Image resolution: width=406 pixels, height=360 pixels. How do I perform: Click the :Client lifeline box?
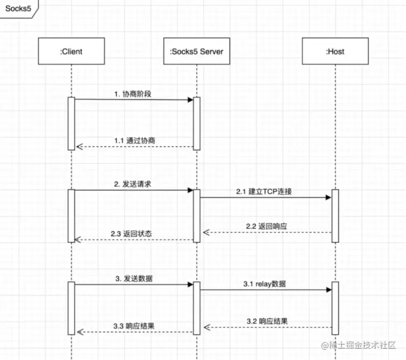point(71,51)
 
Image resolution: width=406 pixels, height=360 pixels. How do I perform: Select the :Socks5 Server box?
point(197,51)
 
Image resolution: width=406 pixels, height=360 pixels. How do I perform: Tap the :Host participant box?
point(335,51)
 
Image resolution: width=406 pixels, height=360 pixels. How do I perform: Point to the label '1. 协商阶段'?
point(133,93)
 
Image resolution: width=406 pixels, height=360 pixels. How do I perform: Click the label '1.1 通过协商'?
point(133,140)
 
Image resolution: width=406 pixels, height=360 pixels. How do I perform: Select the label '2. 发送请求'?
point(133,184)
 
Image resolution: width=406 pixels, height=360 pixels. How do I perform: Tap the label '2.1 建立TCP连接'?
point(264,191)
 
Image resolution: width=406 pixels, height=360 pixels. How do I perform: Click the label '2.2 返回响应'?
point(266,226)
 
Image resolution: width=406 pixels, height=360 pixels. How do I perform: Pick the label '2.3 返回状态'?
point(131,233)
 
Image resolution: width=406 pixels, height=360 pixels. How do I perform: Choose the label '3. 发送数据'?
point(134,278)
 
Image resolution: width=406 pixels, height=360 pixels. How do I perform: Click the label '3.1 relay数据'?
point(264,283)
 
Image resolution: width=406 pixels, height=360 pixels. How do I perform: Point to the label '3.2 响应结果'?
point(267,321)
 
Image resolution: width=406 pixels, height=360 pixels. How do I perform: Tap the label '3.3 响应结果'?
point(134,326)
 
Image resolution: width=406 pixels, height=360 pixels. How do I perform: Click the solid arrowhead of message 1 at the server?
point(190,99)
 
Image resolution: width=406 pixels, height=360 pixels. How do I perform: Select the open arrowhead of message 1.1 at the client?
point(79,147)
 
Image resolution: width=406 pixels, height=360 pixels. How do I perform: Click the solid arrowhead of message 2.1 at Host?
point(328,198)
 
